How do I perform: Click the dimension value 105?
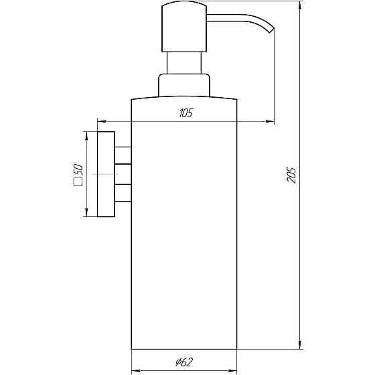point(185,113)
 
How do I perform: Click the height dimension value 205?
point(289,176)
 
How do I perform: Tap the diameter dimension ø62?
point(185,362)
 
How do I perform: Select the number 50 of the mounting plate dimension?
point(78,169)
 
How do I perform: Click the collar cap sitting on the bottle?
point(183,85)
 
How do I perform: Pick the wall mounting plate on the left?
point(105,174)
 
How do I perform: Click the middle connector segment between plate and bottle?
point(122,174)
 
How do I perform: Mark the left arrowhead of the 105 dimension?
point(100,122)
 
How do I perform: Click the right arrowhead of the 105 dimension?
point(271,122)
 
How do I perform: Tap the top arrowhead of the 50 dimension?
point(86,135)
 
